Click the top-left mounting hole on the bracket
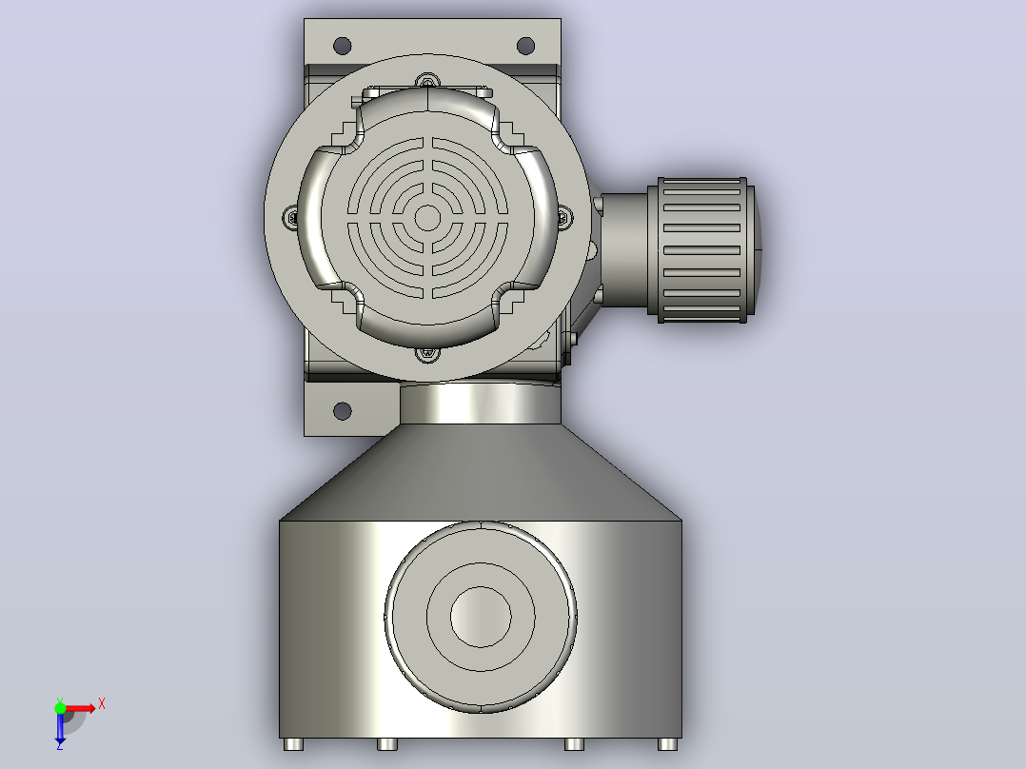coord(343,46)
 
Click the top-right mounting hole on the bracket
coord(525,46)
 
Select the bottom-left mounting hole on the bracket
coord(343,411)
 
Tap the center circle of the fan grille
coord(428,218)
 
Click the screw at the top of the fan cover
coord(428,82)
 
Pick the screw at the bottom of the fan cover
coord(428,354)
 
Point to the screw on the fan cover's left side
coord(290,217)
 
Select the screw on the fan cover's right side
coord(565,217)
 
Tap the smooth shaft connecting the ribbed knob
coord(623,250)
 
